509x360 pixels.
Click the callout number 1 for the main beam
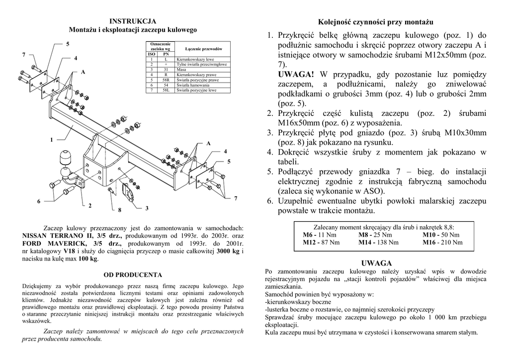pyautogui.click(x=51, y=140)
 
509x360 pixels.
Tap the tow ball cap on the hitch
pyautogui.click(x=66, y=158)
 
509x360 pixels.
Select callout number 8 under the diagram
pyautogui.click(x=120, y=209)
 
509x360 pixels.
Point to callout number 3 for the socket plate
pyautogui.click(x=147, y=208)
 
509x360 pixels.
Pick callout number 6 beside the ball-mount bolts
pyautogui.click(x=38, y=201)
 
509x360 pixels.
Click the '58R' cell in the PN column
pyautogui.click(x=166, y=80)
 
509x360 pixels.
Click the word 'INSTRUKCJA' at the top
pyautogui.click(x=133, y=21)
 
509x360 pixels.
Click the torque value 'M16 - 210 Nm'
pyautogui.click(x=442, y=243)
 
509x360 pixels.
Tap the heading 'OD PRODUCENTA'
pyautogui.click(x=133, y=274)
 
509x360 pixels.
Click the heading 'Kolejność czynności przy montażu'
pyautogui.click(x=376, y=23)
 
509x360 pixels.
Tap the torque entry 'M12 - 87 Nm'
pyautogui.click(x=321, y=243)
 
